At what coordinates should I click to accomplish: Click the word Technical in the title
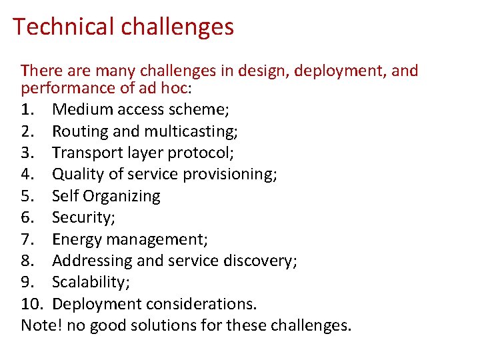pos(63,27)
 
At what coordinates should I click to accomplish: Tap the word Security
pos(81,217)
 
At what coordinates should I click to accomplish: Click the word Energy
pos(75,239)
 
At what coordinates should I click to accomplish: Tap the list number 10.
pos(31,304)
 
